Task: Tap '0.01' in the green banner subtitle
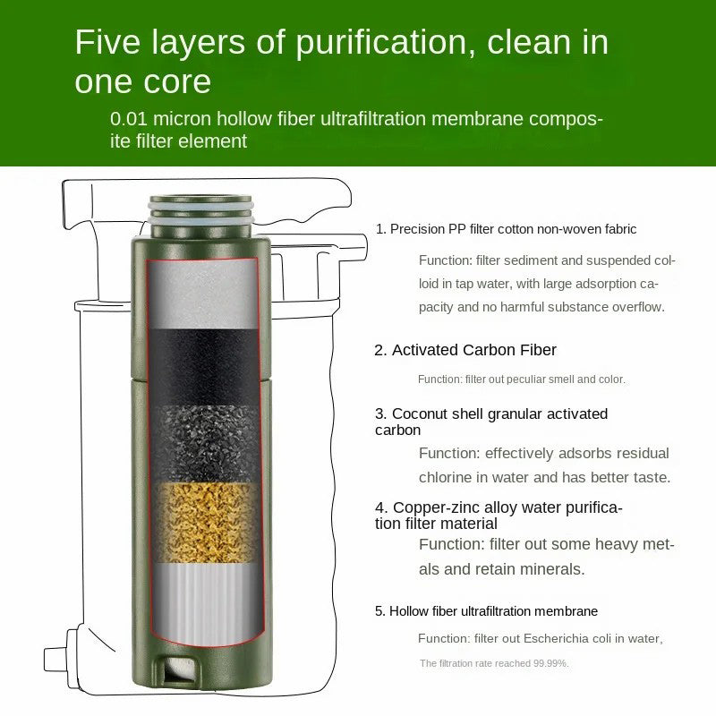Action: tap(129, 119)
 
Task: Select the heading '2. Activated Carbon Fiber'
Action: tap(465, 350)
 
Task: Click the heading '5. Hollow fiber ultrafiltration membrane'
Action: tap(486, 611)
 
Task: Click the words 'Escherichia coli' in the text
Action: tap(567, 638)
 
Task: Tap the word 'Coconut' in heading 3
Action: tap(420, 413)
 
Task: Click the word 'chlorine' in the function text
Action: tap(443, 478)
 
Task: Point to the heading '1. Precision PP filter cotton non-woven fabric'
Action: tap(506, 229)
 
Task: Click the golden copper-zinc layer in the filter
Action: tap(207, 523)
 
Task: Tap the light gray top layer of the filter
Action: tap(203, 294)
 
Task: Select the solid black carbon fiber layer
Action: tap(204, 367)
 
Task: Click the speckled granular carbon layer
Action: tap(206, 444)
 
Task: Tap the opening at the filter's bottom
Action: tap(182, 669)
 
